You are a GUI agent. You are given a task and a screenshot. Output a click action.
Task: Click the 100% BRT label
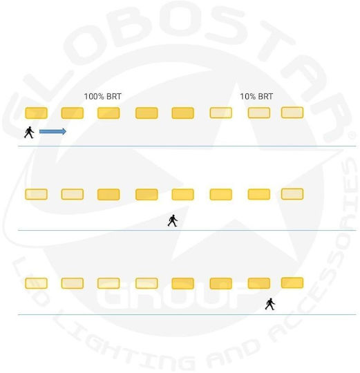tap(102, 96)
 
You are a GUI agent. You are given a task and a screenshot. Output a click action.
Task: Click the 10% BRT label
tap(256, 96)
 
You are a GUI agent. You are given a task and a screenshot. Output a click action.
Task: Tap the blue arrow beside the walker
tap(53, 131)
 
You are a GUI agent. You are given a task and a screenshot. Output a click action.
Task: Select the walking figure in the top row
tap(29, 132)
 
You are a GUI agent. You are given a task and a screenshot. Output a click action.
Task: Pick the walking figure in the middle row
tap(173, 220)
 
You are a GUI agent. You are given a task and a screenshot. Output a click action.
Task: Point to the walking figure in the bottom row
tap(270, 304)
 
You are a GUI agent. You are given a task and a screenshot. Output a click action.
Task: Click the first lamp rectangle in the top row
tap(36, 113)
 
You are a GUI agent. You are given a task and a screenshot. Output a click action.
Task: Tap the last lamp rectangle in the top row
tap(292, 113)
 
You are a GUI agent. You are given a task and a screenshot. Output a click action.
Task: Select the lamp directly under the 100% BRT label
tap(108, 113)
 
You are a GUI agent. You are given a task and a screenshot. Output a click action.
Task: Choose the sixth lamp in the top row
tap(221, 113)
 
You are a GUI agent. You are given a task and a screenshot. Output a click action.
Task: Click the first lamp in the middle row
tap(36, 194)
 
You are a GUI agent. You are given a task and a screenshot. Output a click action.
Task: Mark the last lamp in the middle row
tap(292, 194)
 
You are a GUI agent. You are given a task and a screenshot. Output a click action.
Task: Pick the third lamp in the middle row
tap(108, 194)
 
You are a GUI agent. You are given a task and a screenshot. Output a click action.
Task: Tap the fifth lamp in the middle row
tap(182, 194)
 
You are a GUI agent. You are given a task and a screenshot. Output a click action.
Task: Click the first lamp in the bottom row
tap(36, 283)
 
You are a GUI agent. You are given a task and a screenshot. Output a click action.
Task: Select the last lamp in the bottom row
tap(292, 283)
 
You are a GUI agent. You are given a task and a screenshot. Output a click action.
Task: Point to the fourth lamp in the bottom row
tap(146, 283)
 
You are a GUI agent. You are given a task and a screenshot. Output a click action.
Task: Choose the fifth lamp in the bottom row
tap(182, 283)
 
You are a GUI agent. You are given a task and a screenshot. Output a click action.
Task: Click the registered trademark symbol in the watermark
tap(352, 135)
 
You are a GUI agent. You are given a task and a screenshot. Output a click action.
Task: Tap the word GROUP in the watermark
tap(171, 297)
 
